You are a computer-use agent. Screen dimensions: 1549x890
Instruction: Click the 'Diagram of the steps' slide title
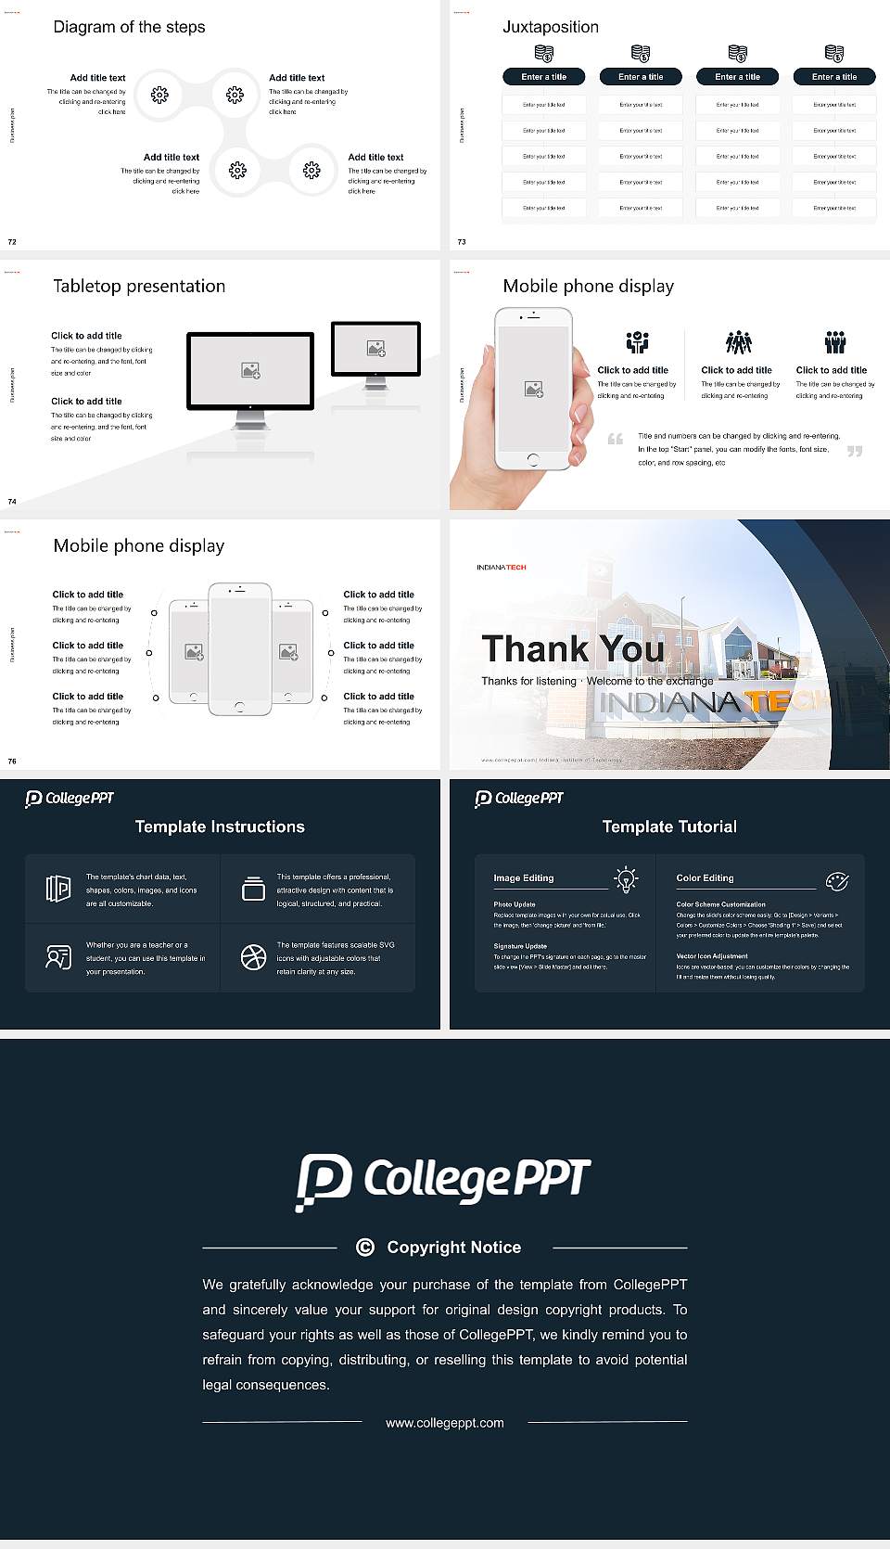pyautogui.click(x=129, y=27)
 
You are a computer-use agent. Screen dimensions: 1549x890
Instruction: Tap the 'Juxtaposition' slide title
pyautogui.click(x=550, y=27)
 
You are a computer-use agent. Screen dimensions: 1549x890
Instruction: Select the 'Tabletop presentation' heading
pyautogui.click(x=139, y=286)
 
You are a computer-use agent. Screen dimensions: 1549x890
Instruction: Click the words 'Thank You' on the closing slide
pyautogui.click(x=573, y=649)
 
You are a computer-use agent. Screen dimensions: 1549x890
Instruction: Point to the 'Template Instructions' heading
pyautogui.click(x=220, y=826)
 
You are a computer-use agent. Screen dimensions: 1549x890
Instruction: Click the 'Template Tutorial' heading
pyautogui.click(x=669, y=826)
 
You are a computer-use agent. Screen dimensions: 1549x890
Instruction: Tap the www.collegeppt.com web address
pyautogui.click(x=445, y=1423)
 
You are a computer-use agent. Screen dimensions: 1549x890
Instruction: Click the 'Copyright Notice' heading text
pyautogui.click(x=453, y=1248)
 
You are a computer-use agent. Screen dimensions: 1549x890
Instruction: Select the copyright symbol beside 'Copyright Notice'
pyautogui.click(x=365, y=1248)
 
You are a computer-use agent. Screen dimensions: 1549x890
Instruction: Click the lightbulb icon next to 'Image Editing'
pyautogui.click(x=626, y=879)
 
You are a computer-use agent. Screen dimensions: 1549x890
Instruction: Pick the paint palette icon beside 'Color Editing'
pyautogui.click(x=837, y=880)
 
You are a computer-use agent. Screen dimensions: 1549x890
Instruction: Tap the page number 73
pyautogui.click(x=462, y=241)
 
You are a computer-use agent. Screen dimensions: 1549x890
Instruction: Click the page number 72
pyautogui.click(x=12, y=241)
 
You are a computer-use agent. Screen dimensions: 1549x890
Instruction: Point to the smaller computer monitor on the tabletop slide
pyautogui.click(x=375, y=350)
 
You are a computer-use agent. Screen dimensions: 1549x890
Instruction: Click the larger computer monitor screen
pyautogui.click(x=250, y=371)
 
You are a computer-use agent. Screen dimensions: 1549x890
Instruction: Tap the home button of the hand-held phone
pyautogui.click(x=532, y=459)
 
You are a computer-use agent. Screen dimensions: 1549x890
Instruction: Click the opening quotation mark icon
pyautogui.click(x=616, y=439)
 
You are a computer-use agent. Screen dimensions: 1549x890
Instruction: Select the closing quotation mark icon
pyautogui.click(x=855, y=451)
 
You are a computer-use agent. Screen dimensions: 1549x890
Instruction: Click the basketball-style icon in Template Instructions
pyautogui.click(x=253, y=957)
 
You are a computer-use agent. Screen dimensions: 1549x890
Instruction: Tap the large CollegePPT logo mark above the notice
pyautogui.click(x=324, y=1181)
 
